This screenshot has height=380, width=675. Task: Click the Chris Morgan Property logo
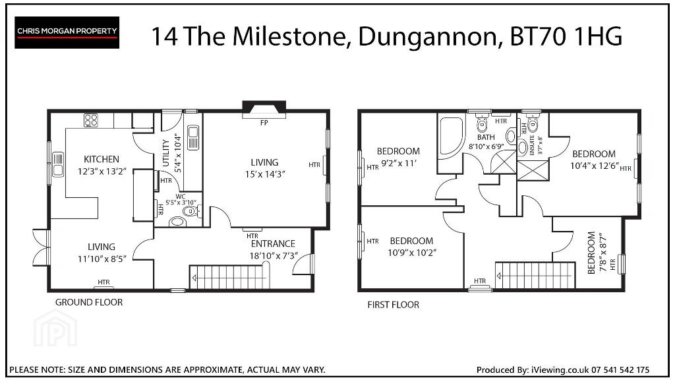click(67, 32)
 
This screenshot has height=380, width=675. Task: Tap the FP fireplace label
click(264, 123)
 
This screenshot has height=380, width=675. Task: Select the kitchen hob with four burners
click(90, 120)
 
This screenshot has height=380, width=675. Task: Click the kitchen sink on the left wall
click(58, 164)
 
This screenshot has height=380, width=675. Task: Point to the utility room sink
click(193, 137)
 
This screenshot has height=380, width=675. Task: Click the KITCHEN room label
click(101, 159)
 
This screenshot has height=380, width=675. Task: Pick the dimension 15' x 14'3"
click(265, 174)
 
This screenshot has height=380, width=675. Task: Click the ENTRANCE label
click(273, 244)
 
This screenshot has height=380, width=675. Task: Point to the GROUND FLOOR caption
click(89, 302)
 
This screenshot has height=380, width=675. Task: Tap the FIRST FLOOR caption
click(393, 305)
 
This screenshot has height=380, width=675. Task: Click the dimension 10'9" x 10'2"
click(411, 253)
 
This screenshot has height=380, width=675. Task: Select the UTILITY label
click(166, 153)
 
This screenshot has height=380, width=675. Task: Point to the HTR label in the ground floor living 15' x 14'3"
click(314, 164)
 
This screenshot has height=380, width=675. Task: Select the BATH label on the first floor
click(486, 137)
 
